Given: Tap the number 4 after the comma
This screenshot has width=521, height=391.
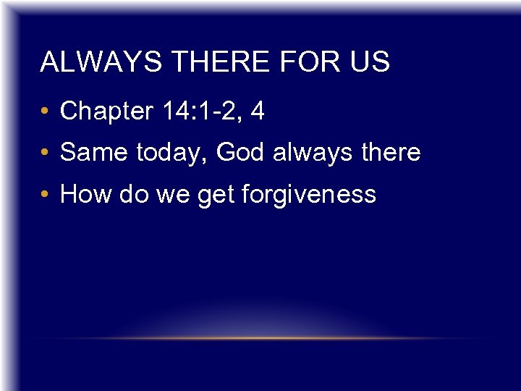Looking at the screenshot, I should [x=257, y=112].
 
